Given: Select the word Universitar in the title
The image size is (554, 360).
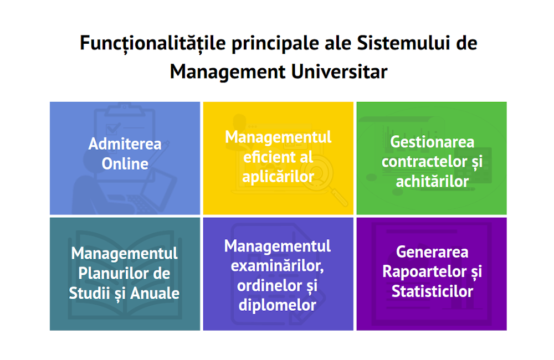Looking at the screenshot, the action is click(x=339, y=71).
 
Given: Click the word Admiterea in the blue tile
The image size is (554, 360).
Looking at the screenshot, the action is click(x=125, y=144).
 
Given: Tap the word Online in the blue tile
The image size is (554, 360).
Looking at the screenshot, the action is click(x=125, y=163).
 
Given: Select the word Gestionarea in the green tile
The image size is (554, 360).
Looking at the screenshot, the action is click(x=432, y=142).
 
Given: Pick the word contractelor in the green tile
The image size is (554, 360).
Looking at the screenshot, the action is click(x=424, y=162).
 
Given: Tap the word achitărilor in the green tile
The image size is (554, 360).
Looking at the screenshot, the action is click(x=432, y=182).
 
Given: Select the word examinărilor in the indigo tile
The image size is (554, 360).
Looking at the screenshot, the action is click(x=278, y=266).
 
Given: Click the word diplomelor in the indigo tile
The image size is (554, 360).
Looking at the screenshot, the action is click(x=278, y=305).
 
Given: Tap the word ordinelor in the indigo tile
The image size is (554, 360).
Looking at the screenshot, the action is click(x=268, y=285).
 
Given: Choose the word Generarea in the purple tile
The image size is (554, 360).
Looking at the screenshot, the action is click(x=432, y=252).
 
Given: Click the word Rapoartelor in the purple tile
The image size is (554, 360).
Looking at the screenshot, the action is click(x=425, y=272).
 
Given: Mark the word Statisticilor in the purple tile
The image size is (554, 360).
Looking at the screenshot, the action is click(x=432, y=291).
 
